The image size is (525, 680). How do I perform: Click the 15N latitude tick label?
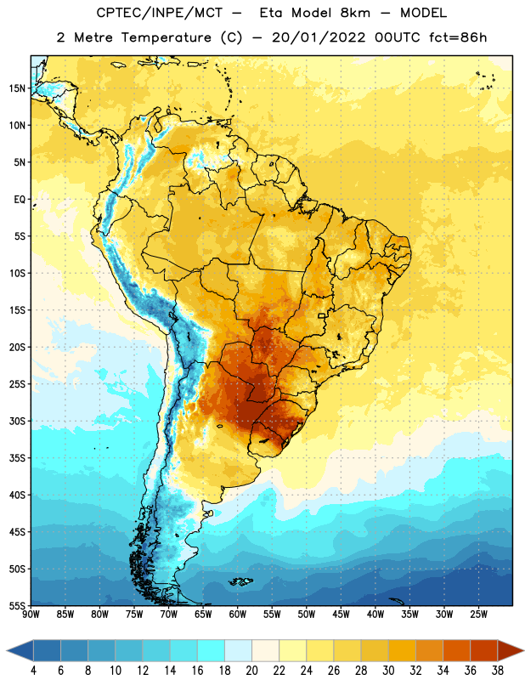tap(17, 88)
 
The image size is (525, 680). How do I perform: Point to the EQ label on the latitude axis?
tap(20, 200)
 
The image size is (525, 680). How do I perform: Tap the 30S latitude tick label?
tap(17, 421)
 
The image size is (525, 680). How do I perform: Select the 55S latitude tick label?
tap(17, 605)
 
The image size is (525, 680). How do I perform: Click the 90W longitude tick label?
tap(31, 615)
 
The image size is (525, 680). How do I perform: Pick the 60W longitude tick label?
tap(238, 615)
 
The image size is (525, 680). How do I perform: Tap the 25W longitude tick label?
tap(478, 615)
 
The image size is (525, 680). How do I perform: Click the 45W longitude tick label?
tap(341, 615)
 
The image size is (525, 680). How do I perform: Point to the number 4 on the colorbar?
tap(33, 671)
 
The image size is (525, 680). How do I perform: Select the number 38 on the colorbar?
tap(498, 671)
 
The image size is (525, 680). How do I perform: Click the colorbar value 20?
tap(251, 671)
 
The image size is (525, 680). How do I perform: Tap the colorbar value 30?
tap(388, 671)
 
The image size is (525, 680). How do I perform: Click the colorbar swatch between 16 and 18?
tap(211, 651)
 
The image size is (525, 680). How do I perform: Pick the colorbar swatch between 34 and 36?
tap(456, 651)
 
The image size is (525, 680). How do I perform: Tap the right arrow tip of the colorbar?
tap(523, 651)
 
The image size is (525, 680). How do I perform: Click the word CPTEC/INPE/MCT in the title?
tap(160, 13)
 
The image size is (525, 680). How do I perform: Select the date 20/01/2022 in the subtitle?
tap(319, 37)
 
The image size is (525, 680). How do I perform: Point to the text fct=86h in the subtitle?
tap(458, 37)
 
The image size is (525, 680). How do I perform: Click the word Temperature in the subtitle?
tap(166, 37)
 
